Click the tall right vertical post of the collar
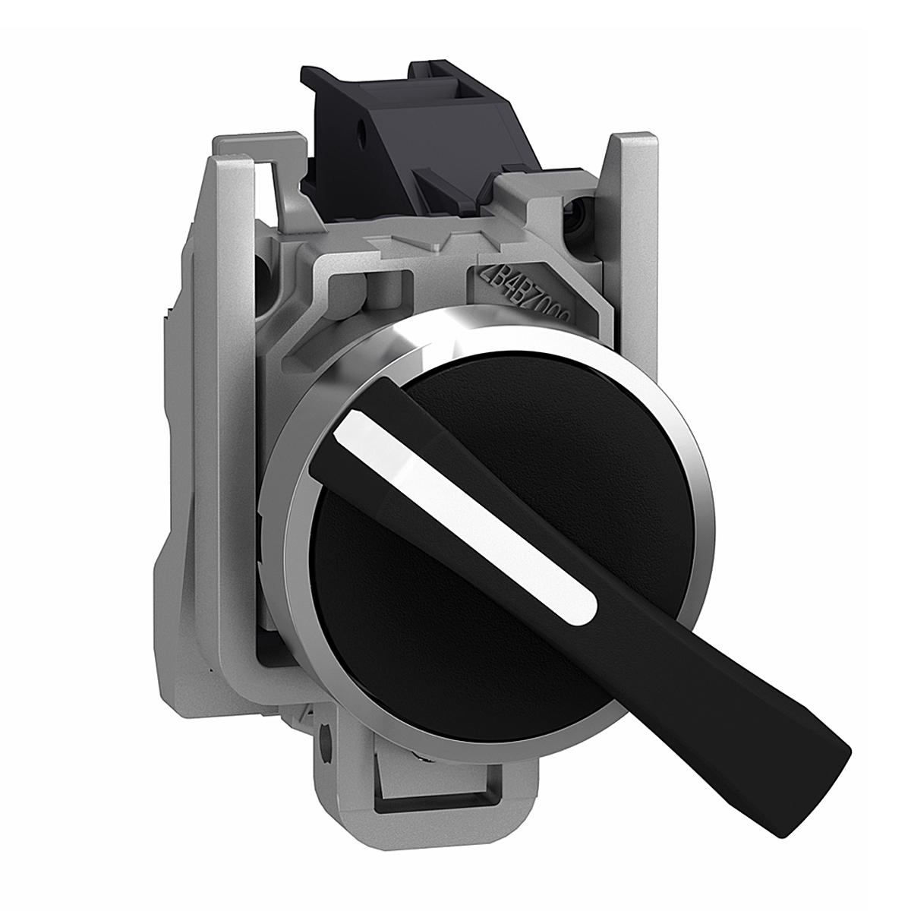[638, 228]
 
